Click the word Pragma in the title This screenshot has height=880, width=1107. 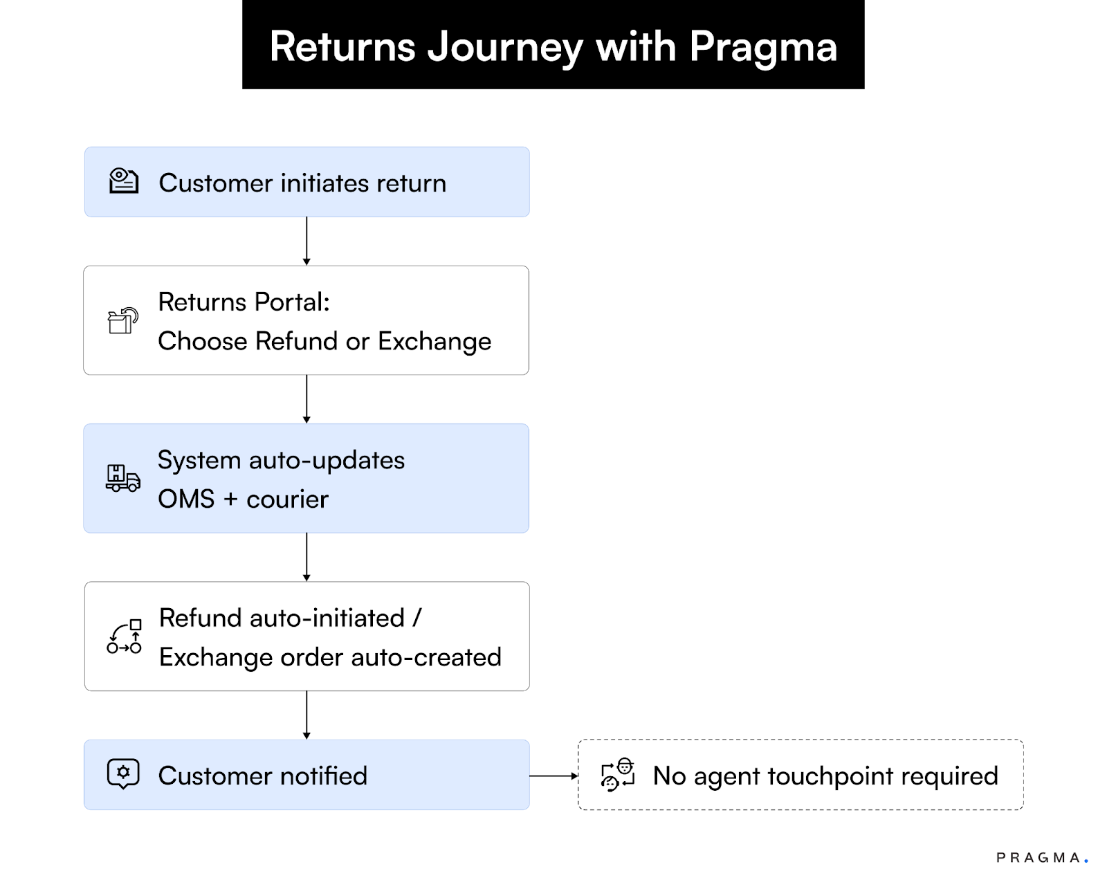pos(762,47)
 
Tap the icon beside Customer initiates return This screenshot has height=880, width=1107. pos(124,181)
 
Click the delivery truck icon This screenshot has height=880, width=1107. pos(123,478)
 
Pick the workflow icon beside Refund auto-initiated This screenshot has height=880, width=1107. pos(125,636)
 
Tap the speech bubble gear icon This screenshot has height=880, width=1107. pos(123,773)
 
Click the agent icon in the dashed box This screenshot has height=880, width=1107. pos(618,774)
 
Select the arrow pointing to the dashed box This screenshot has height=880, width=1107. pos(553,776)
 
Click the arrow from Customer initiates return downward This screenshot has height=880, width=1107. pos(307,241)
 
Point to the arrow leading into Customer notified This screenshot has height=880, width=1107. pos(307,715)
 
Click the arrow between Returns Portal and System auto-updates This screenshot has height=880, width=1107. pos(307,399)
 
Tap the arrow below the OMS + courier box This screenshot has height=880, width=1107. pos(307,557)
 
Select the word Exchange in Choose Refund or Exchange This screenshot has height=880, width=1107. pos(434,342)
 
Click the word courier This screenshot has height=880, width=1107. pos(287,499)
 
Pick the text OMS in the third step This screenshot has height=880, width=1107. pos(186,499)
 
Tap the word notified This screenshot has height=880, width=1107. pos(323,776)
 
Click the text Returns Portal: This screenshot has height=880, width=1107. pos(244,302)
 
